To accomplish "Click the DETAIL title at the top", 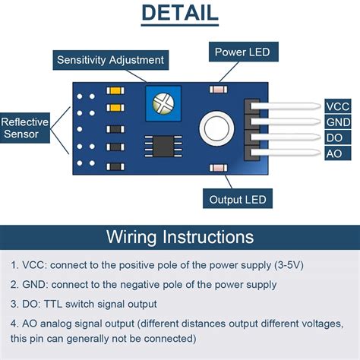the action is tap(180, 13).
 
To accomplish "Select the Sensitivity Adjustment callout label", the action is tap(111, 60).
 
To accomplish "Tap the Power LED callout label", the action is tap(244, 52).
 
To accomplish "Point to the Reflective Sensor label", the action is tap(25, 128).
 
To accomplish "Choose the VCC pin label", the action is tap(338, 106).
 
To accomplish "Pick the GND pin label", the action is tap(338, 122).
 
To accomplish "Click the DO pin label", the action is tap(338, 137).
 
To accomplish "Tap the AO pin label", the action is tap(338, 153).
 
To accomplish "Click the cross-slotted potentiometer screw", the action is tap(163, 103).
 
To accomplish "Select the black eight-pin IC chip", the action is tap(163, 146).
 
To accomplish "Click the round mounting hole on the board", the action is tap(216, 128).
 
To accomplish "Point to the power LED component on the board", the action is tap(218, 90).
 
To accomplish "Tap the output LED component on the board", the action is tap(218, 168).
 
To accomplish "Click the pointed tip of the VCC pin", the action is tap(321, 106).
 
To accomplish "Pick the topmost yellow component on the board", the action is tap(115, 90).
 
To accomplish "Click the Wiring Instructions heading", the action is tap(180, 237).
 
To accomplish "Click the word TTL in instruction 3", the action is tap(53, 304).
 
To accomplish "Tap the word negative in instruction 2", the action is tap(140, 285).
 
